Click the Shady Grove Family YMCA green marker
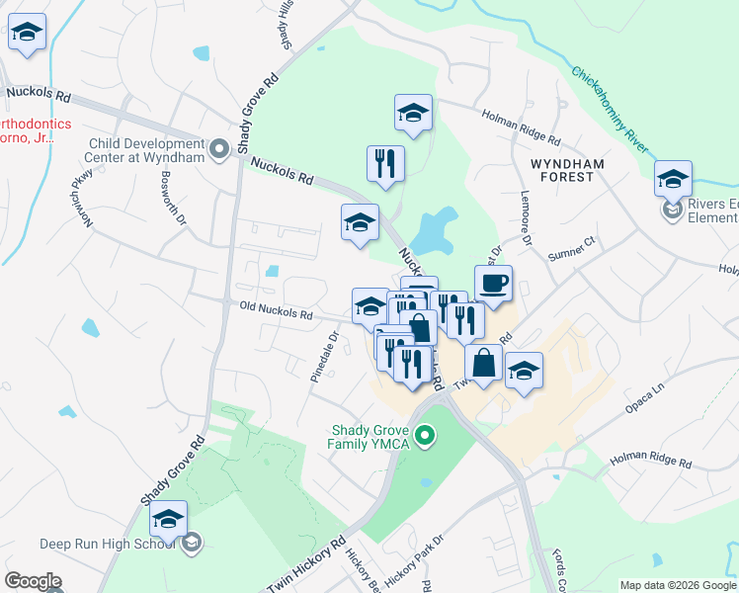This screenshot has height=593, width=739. tap(426, 435)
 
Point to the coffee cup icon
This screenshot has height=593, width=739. tap(494, 284)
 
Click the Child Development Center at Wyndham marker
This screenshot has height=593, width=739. tap(219, 149)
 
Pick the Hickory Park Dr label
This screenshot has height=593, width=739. tap(415, 559)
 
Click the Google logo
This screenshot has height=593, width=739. tap(33, 581)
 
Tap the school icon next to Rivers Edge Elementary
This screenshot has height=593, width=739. tap(673, 179)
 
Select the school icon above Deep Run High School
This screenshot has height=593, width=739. tap(169, 518)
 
